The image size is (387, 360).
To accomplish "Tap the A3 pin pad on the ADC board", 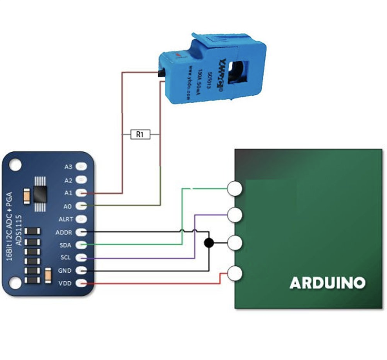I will point(81,167).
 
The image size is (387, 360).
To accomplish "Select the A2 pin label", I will point(69,180).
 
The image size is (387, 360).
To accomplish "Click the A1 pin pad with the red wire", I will point(81,193).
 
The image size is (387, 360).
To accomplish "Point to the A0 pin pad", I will point(81,205).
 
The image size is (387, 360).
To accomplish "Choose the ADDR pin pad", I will point(81,232).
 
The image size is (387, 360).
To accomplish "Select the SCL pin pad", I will point(81,258).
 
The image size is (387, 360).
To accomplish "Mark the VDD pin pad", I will point(81,283).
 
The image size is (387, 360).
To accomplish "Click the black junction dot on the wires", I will point(209,243).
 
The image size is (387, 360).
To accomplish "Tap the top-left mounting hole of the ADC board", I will point(14,164).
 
